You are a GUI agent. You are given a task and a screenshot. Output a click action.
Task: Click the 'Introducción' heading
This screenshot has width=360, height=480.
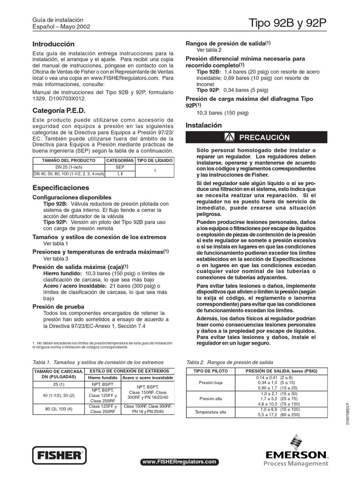(x=53, y=44)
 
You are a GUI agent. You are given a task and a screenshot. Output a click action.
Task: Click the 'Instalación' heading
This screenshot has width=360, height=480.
(x=203, y=126)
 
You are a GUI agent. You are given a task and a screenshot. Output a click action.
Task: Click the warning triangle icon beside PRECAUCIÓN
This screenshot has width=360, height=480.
(x=229, y=137)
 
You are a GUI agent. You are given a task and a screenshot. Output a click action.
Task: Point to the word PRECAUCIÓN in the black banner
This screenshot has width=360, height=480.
(x=264, y=137)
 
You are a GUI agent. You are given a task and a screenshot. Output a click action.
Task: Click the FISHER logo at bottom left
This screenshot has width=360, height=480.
(x=60, y=455)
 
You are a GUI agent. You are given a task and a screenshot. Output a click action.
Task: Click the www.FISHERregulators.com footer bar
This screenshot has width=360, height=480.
(x=180, y=462)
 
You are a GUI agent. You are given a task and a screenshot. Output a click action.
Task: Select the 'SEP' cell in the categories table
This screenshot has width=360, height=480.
(x=120, y=167)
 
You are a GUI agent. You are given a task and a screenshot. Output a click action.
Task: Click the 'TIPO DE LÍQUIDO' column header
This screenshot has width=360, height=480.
(x=155, y=160)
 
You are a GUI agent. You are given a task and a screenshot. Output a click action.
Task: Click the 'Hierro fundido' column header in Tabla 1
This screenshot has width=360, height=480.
(x=102, y=377)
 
